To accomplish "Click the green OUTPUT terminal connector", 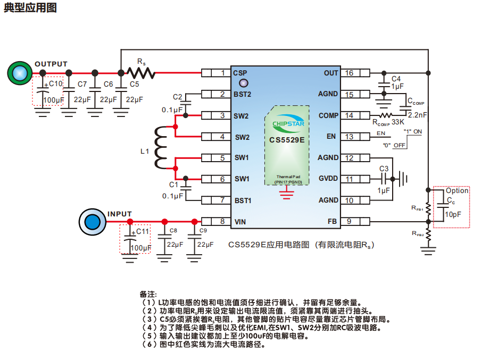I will pyautogui.click(x=20, y=73).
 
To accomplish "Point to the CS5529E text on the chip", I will pyautogui.click(x=287, y=140).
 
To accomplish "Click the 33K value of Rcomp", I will pyautogui.click(x=398, y=122).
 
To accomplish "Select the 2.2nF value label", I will pyautogui.click(x=417, y=114).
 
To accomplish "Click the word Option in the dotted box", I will pyautogui.click(x=457, y=190).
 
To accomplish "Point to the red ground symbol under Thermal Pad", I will pyautogui.click(x=287, y=195).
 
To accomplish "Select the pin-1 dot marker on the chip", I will pyautogui.click(x=244, y=83).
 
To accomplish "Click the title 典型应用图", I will pyautogui.click(x=30, y=8).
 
